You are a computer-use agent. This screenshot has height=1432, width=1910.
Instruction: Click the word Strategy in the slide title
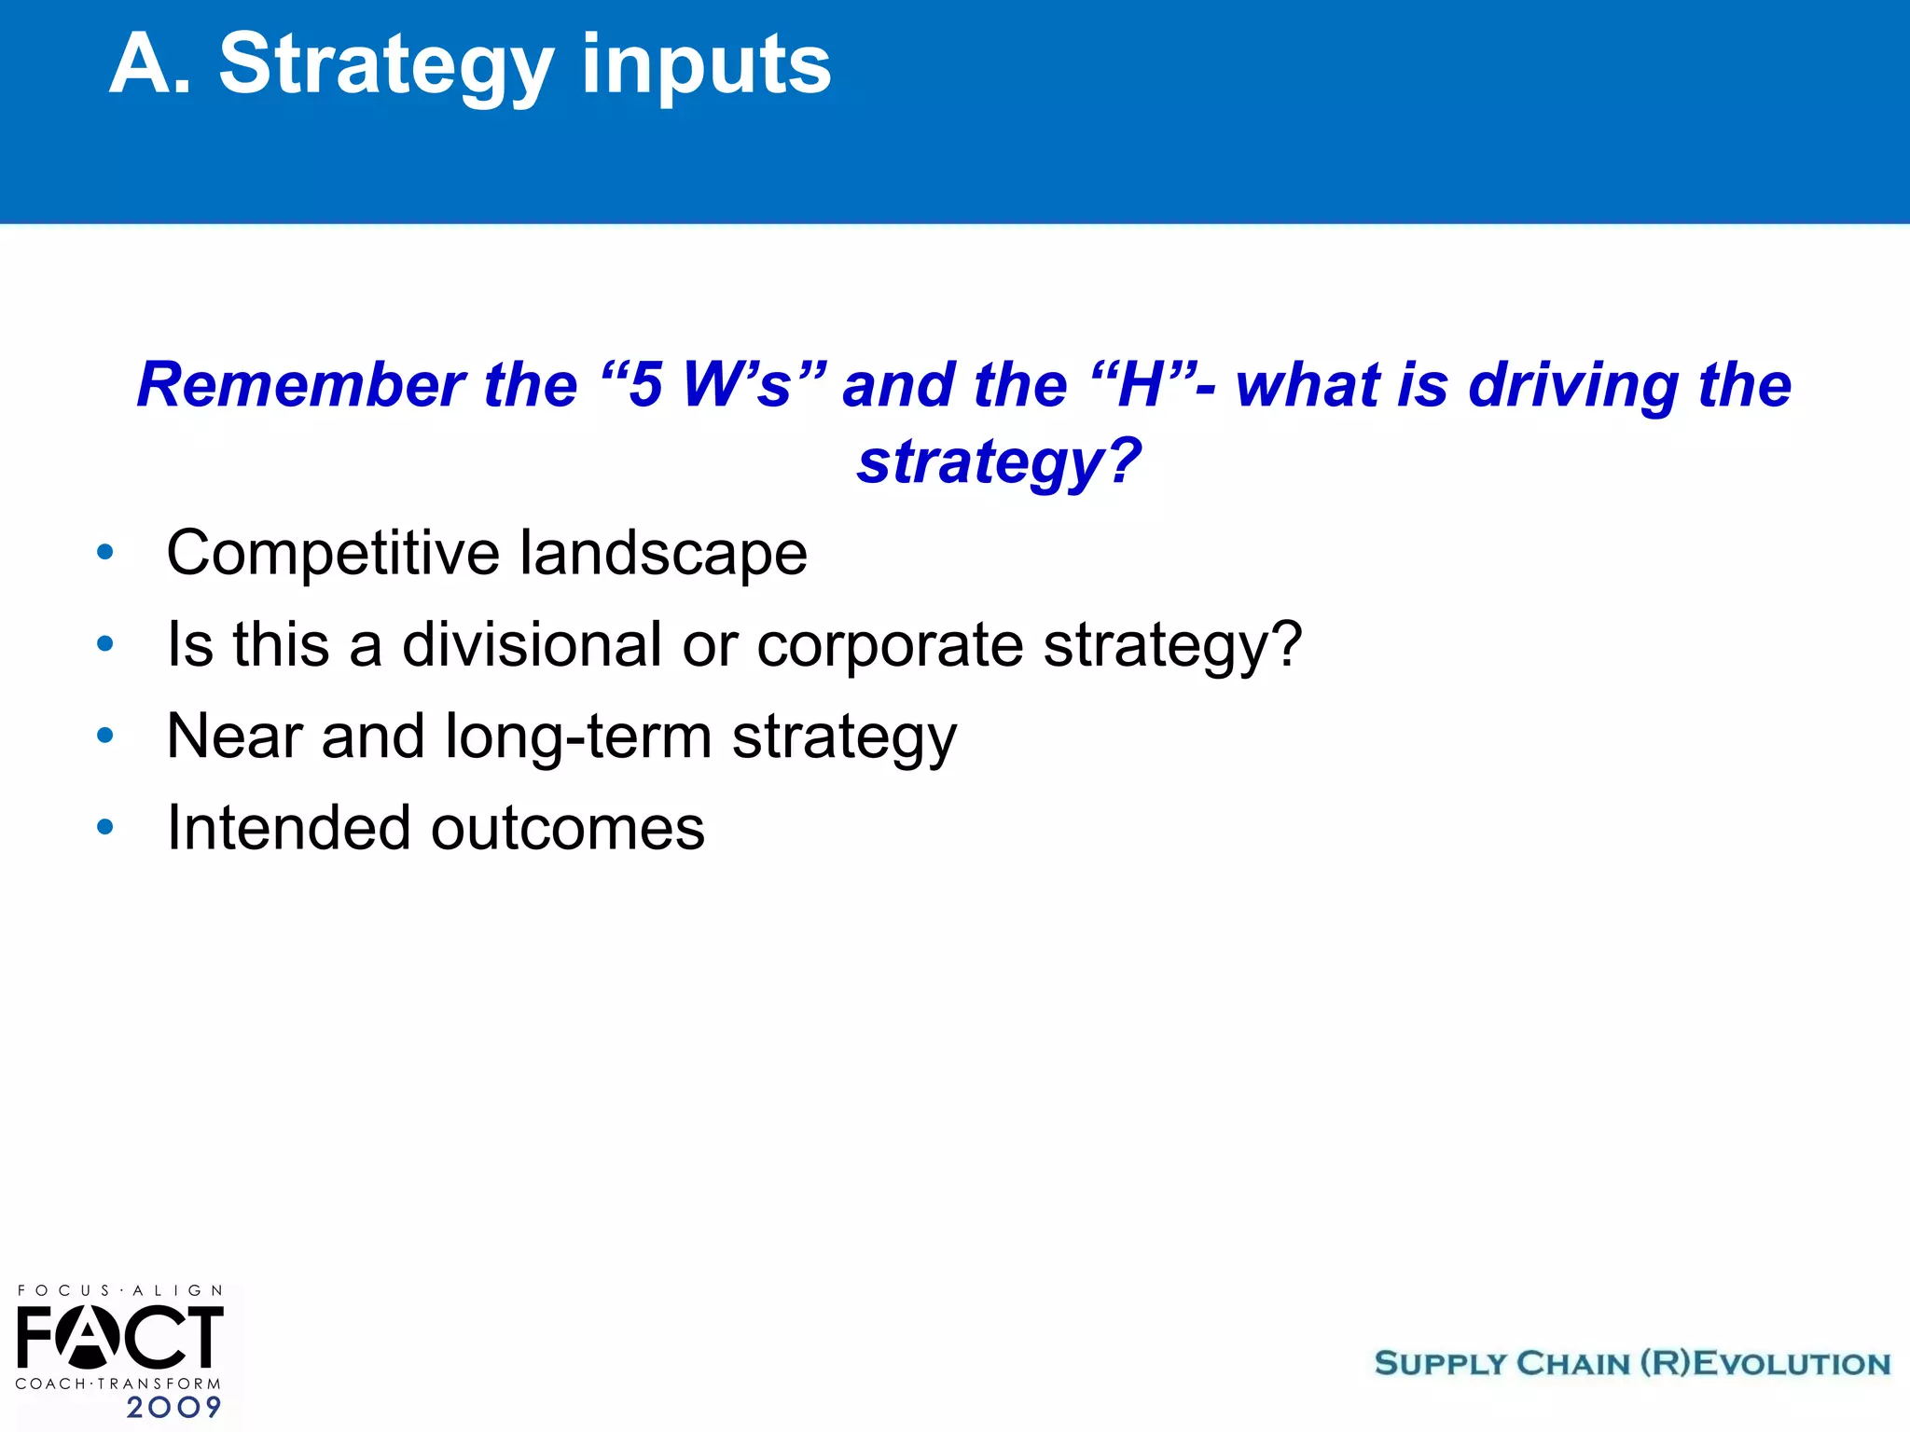(x=385, y=65)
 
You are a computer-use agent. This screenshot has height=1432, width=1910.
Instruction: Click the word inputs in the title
(x=706, y=65)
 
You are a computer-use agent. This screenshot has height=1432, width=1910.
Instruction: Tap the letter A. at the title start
(x=149, y=65)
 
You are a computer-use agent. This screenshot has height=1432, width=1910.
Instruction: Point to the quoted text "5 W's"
(x=713, y=385)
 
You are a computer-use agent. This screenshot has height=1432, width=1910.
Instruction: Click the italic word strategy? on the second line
(x=999, y=461)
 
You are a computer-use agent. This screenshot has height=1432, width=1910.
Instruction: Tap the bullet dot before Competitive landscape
(x=105, y=553)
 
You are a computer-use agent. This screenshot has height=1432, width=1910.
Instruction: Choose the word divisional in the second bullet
(x=532, y=644)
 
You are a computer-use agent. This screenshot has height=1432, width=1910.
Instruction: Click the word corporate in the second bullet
(x=890, y=644)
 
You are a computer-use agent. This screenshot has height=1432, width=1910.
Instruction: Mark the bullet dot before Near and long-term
(x=105, y=736)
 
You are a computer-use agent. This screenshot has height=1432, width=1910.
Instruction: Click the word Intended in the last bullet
(x=288, y=828)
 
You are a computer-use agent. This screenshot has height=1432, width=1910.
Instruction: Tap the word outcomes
(x=567, y=828)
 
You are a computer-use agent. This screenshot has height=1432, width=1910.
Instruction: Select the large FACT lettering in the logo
(x=119, y=1338)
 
